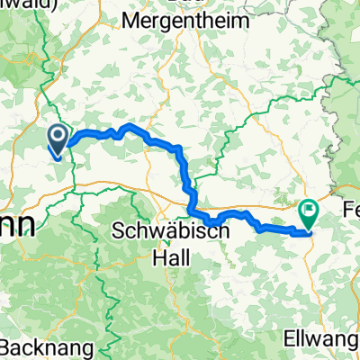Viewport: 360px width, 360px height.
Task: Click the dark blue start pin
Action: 56,138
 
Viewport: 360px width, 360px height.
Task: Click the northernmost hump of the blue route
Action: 130,126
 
